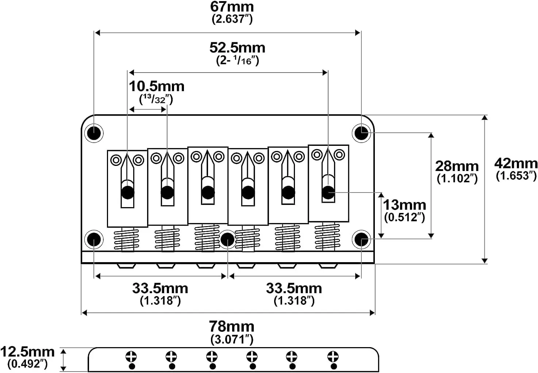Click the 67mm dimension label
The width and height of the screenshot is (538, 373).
click(232, 7)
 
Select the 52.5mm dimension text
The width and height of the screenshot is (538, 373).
click(237, 48)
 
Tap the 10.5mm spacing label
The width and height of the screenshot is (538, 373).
click(157, 86)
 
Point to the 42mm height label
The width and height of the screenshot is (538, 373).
click(516, 164)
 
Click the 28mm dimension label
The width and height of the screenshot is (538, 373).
click(457, 166)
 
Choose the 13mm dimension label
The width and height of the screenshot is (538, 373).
click(404, 205)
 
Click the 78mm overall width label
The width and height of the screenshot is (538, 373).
click(231, 326)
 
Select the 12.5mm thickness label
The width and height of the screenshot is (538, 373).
click(27, 352)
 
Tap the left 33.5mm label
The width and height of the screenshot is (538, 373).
click(160, 288)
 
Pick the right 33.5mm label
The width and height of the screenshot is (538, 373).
click(294, 288)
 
